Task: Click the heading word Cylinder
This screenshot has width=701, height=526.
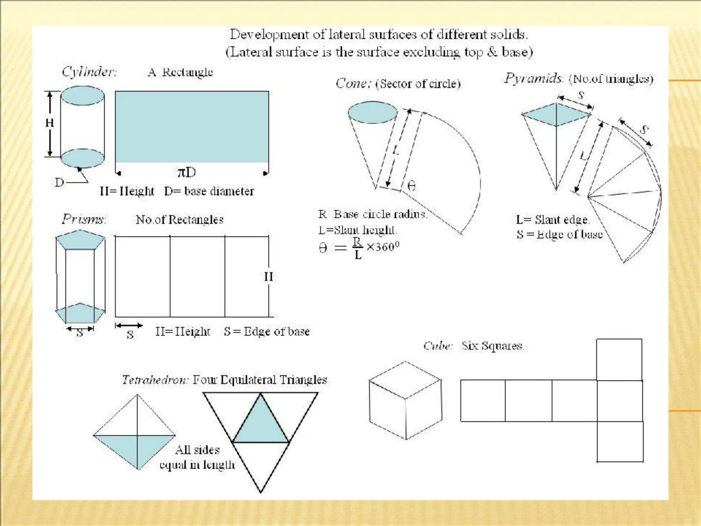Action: [x=89, y=72]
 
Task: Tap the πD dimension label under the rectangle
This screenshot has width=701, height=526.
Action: [x=187, y=172]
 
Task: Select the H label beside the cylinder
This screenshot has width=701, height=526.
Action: [x=50, y=123]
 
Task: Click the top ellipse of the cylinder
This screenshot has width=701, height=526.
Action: [x=82, y=95]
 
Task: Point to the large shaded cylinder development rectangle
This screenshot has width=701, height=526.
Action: [x=192, y=127]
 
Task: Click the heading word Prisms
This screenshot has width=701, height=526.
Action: [x=84, y=219]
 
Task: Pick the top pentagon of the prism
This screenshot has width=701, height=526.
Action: [x=80, y=240]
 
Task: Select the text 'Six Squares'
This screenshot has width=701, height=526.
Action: [x=492, y=346]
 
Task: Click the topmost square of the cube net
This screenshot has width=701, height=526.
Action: [x=619, y=359]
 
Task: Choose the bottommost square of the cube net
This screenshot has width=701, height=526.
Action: [x=620, y=441]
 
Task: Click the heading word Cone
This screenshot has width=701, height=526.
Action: [x=353, y=83]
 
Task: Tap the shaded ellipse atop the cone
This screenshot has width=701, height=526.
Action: [x=372, y=112]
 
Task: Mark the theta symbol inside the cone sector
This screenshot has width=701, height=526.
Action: [x=411, y=186]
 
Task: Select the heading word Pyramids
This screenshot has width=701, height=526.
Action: [x=533, y=78]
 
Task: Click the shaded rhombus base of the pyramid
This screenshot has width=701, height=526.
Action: [x=556, y=115]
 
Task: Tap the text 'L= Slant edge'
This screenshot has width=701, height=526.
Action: [x=552, y=220]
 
